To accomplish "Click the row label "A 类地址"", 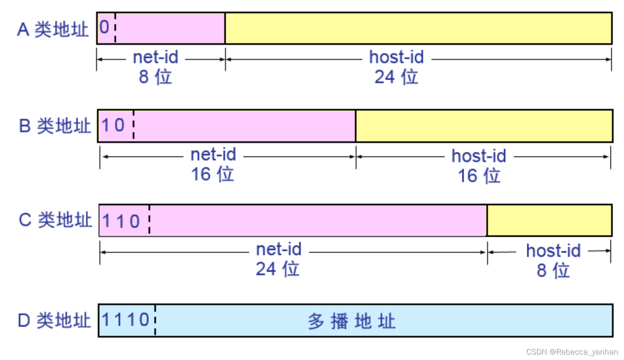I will click(x=53, y=30).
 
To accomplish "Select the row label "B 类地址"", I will click(x=55, y=126).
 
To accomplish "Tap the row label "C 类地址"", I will click(x=55, y=219).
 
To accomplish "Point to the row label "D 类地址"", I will click(x=54, y=321).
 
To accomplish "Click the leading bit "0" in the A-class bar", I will click(x=104, y=27).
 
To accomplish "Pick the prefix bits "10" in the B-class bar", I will click(x=113, y=125).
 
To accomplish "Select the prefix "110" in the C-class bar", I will click(x=121, y=221).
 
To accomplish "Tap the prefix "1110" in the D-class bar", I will click(x=126, y=320).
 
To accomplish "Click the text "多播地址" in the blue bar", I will click(x=352, y=321).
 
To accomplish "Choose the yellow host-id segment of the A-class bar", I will click(x=418, y=28).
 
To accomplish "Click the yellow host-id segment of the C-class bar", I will click(x=549, y=220).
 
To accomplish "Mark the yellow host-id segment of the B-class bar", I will click(x=484, y=126).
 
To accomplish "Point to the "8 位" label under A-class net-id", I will click(x=155, y=77).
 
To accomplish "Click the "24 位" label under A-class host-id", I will click(x=396, y=77).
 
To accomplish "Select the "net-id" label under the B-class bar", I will click(x=213, y=155).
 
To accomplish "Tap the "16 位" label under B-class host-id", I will click(x=479, y=176).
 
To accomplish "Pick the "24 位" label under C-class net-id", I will click(x=277, y=269).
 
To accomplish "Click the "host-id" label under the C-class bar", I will click(x=553, y=251).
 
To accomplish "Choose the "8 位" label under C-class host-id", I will click(x=553, y=271).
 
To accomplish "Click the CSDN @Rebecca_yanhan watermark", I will click(x=572, y=352).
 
